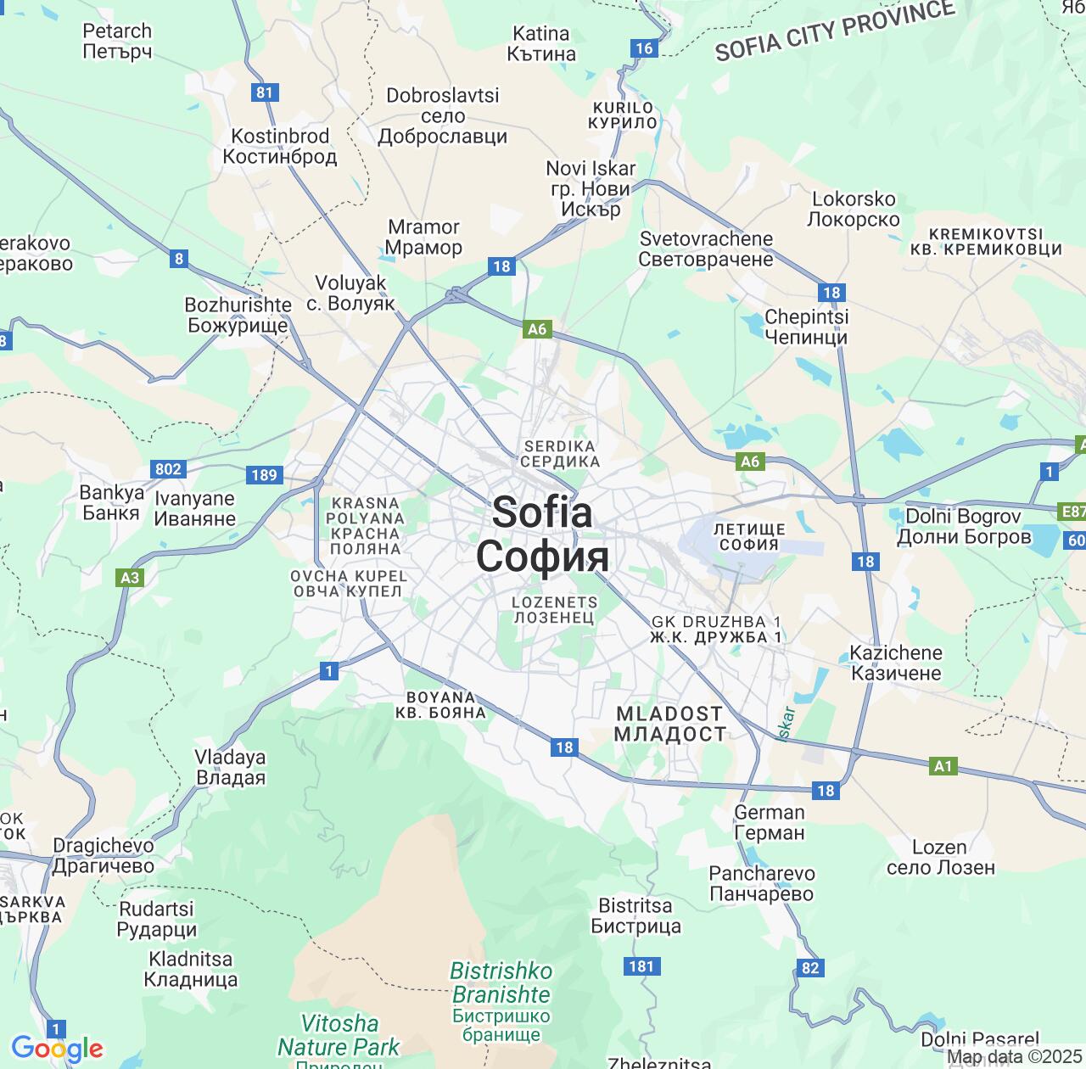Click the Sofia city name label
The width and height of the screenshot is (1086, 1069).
point(542,534)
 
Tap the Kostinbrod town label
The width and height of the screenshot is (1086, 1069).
point(280,147)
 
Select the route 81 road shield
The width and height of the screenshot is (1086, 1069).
point(266,92)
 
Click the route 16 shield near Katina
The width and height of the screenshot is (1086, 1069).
point(644,48)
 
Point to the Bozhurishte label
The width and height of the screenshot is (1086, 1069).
point(238,315)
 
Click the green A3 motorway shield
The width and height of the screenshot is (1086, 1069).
point(130,578)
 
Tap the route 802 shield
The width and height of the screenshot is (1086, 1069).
point(168,469)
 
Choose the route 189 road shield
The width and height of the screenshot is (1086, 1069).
point(264,475)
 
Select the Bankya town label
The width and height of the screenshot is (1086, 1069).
point(111,502)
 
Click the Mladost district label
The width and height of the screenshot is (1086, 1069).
point(670,724)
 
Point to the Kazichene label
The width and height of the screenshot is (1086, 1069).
point(896,663)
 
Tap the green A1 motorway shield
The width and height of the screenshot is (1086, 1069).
point(943,766)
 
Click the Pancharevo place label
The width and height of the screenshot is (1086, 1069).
point(762,883)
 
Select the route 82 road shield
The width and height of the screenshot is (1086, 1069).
point(810,968)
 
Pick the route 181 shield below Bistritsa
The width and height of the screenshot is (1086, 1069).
point(642,966)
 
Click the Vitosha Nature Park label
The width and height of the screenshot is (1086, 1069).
point(339,1035)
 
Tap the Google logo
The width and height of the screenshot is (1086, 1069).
point(57,1049)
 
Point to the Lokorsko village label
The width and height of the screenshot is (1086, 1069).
point(854,209)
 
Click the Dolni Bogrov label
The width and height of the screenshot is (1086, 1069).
point(964,526)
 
